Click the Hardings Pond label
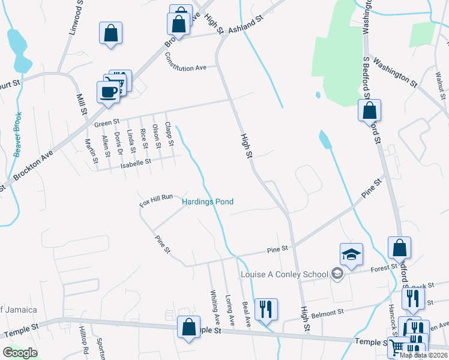208,202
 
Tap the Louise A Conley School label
285,275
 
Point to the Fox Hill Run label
156,200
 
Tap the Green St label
107,124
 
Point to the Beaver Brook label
17,134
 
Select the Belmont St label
327,313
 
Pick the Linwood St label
75,19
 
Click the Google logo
20,353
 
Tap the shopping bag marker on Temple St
188,328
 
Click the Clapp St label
169,135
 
